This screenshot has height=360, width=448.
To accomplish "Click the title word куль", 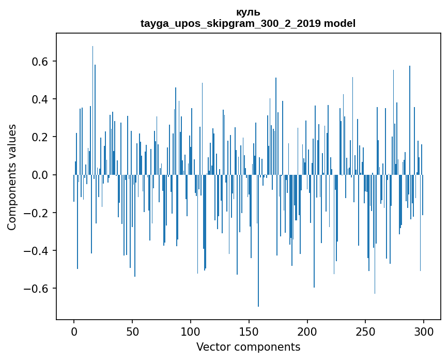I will point(248,12).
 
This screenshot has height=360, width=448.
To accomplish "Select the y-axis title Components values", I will point(12,177).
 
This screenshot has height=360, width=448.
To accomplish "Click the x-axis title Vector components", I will point(248,347).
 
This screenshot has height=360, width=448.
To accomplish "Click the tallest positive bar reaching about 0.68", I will point(93,103).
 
